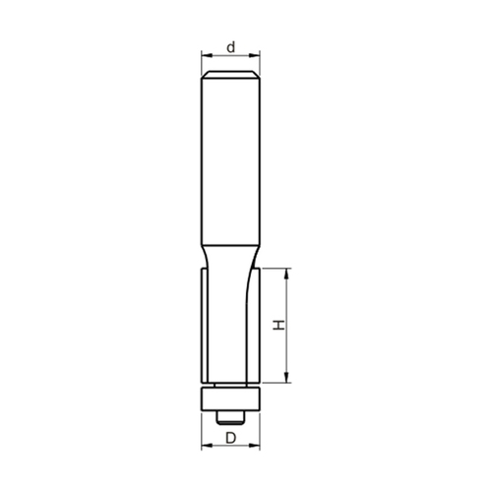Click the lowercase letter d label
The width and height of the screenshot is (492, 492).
pyautogui.click(x=231, y=48)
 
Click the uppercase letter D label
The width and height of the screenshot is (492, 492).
pyautogui.click(x=231, y=438)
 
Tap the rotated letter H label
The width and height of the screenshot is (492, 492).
pyautogui.click(x=279, y=326)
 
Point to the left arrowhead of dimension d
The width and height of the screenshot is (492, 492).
pyautogui.click(x=206, y=55)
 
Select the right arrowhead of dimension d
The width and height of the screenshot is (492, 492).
pyautogui.click(x=255, y=55)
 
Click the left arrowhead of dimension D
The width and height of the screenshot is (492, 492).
pyautogui.click(x=206, y=445)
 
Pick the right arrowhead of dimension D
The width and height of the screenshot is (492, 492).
pyautogui.click(x=255, y=445)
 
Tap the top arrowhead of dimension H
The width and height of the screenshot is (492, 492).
pyautogui.click(x=287, y=273)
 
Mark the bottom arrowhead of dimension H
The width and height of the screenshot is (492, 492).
pyautogui.click(x=287, y=378)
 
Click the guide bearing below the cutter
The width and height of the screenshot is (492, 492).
pyautogui.click(x=230, y=399)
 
